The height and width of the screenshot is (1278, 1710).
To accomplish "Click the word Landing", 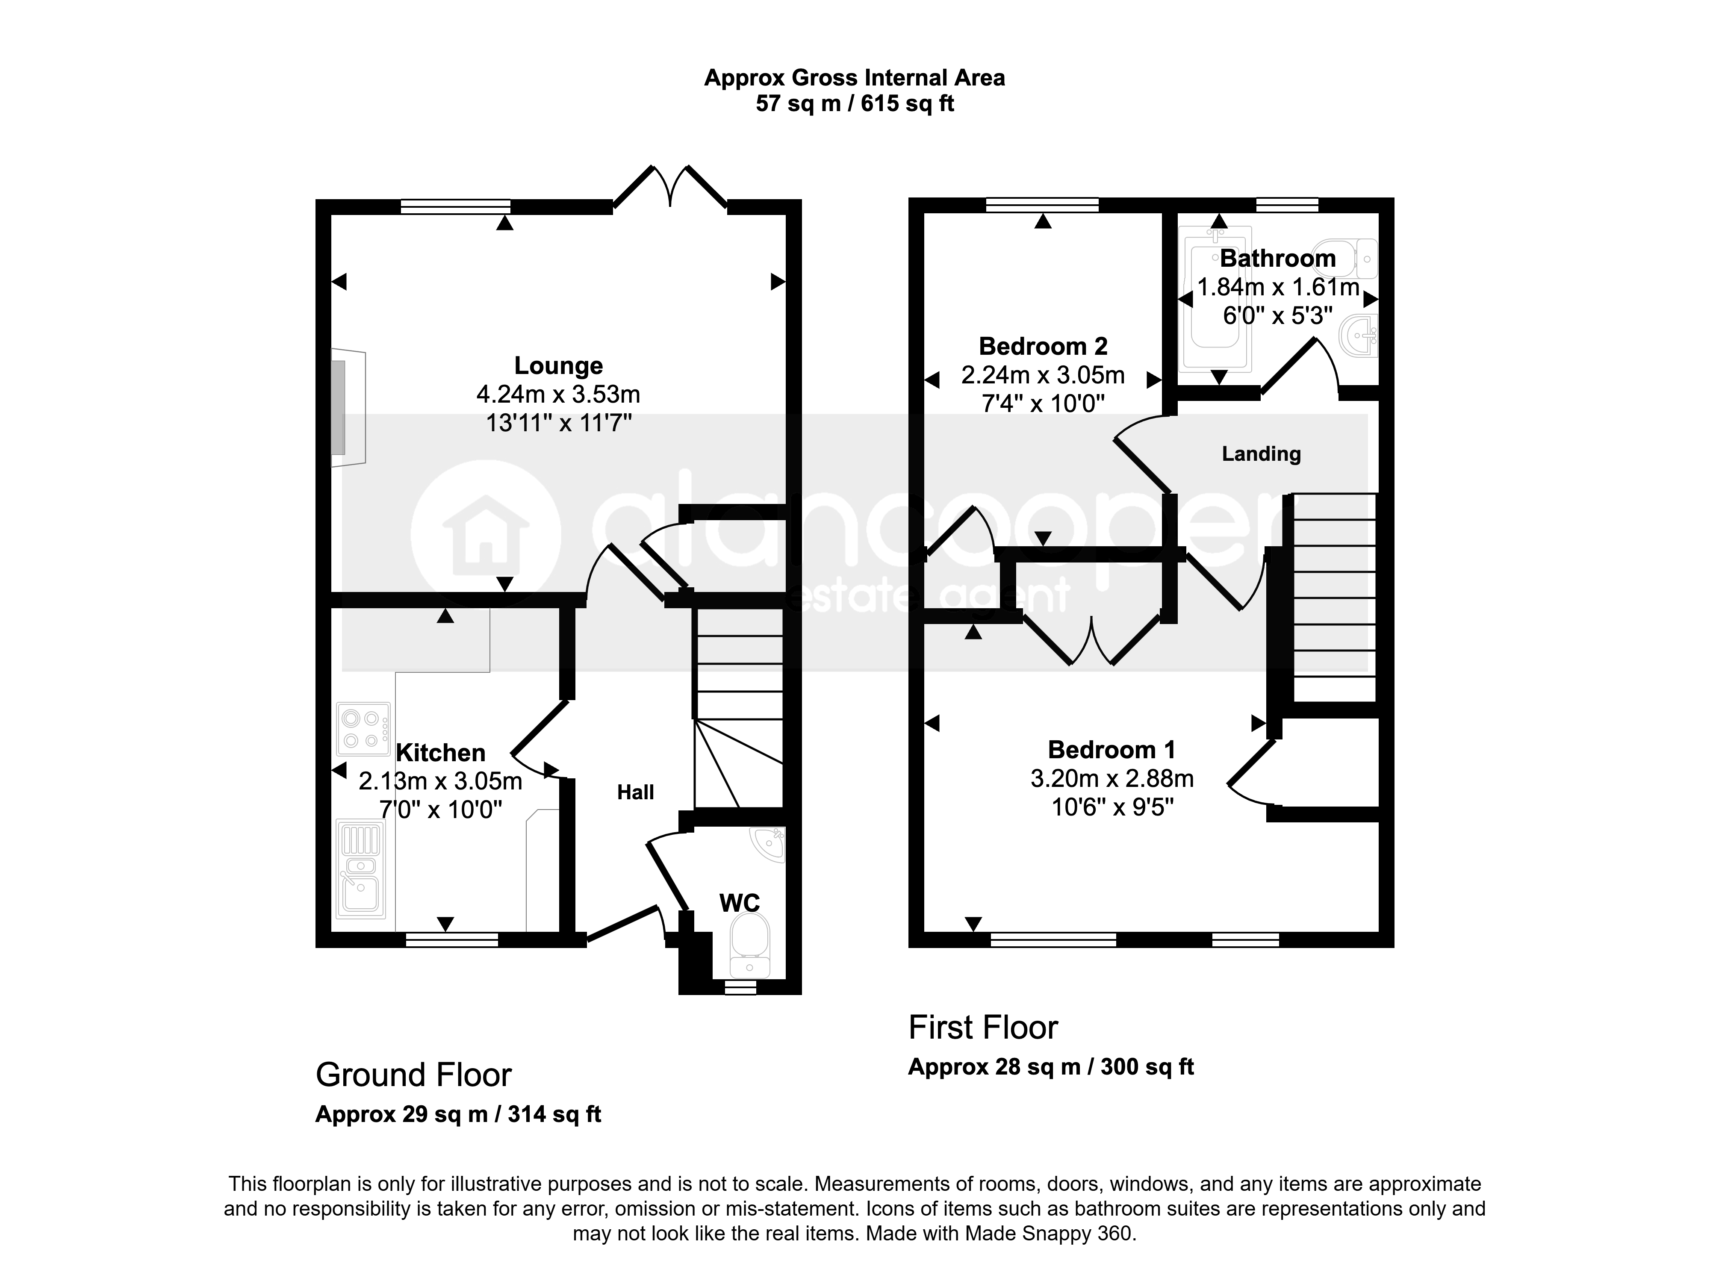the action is click(1261, 454).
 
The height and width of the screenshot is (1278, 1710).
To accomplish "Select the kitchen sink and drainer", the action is click(361, 870).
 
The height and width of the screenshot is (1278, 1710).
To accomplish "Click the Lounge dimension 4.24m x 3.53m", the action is click(558, 395).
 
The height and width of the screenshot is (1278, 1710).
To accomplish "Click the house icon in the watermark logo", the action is click(486, 535).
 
